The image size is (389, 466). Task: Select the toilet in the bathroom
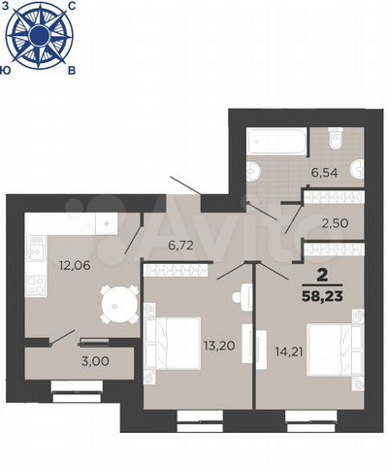pyautogui.click(x=337, y=142)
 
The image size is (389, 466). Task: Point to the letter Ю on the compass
pyautogui.click(x=8, y=71)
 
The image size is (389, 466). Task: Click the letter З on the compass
pyautogui.click(x=7, y=7)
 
